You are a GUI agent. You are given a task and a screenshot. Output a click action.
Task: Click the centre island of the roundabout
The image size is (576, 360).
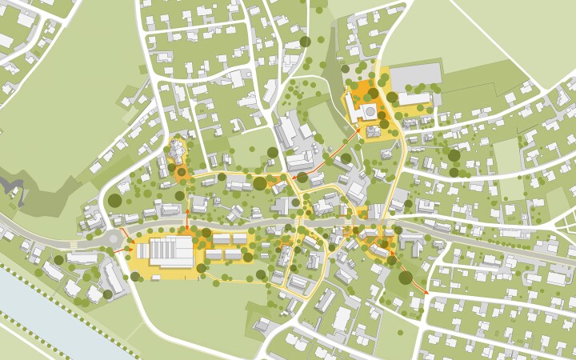pyautogui.click(x=113, y=238)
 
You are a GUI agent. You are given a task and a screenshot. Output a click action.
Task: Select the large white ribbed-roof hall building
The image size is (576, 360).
pyautogui.click(x=166, y=251)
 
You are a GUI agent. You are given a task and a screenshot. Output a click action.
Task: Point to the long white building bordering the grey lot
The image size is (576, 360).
pyautogui.click(x=415, y=99)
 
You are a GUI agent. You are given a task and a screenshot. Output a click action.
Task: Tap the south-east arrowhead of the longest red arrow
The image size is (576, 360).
pyautogui.click(x=426, y=293)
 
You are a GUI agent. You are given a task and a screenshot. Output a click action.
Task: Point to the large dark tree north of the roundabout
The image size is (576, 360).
pyautogui.click(x=114, y=201)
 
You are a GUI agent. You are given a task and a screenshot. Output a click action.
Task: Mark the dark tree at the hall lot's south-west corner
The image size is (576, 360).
pyautogui.click(x=135, y=276)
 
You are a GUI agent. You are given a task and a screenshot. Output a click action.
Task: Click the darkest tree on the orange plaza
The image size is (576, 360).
pyautogui.click(x=374, y=94)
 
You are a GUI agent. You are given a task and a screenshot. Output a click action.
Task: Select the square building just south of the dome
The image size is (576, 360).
pyautogui.click(x=373, y=130)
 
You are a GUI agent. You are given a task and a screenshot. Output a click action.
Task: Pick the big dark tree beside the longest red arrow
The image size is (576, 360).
pyautogui.click(x=406, y=278)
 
